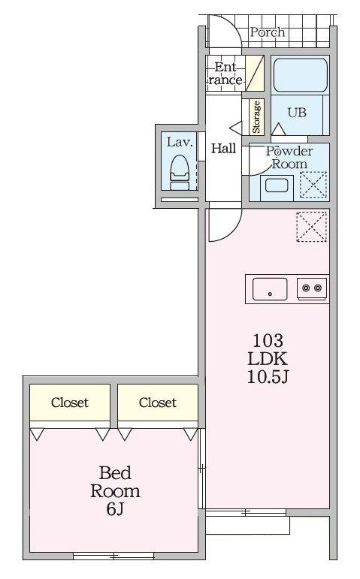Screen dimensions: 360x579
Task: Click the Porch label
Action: pyautogui.click(x=268, y=32)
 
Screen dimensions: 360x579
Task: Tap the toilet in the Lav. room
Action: pyautogui.click(x=180, y=173)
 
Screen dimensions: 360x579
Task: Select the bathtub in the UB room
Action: pyautogui.click(x=300, y=76)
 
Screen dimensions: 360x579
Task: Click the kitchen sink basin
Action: pyautogui.click(x=270, y=289)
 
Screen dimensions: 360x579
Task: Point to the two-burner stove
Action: pyautogui.click(x=313, y=288)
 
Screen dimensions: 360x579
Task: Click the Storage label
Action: pyautogui.click(x=256, y=117)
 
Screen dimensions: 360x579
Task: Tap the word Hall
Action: pyautogui.click(x=223, y=149)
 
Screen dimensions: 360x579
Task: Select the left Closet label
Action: pyautogui.click(x=70, y=402)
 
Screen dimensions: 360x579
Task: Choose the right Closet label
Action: pyautogui.click(x=158, y=402)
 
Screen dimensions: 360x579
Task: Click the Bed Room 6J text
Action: pyautogui.click(x=115, y=491)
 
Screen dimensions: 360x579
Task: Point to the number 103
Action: pyautogui.click(x=268, y=340)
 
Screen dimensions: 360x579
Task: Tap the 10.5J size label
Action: pyautogui.click(x=268, y=377)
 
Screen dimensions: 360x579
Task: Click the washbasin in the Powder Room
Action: pyautogui.click(x=277, y=185)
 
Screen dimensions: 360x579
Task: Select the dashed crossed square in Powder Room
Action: pyautogui.click(x=313, y=185)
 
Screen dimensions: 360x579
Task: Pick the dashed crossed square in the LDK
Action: pyautogui.click(x=313, y=227)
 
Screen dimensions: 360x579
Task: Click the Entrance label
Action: pyautogui.click(x=225, y=73)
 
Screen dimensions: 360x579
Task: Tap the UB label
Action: pyautogui.click(x=297, y=113)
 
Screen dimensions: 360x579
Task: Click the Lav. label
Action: pyautogui.click(x=180, y=142)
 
